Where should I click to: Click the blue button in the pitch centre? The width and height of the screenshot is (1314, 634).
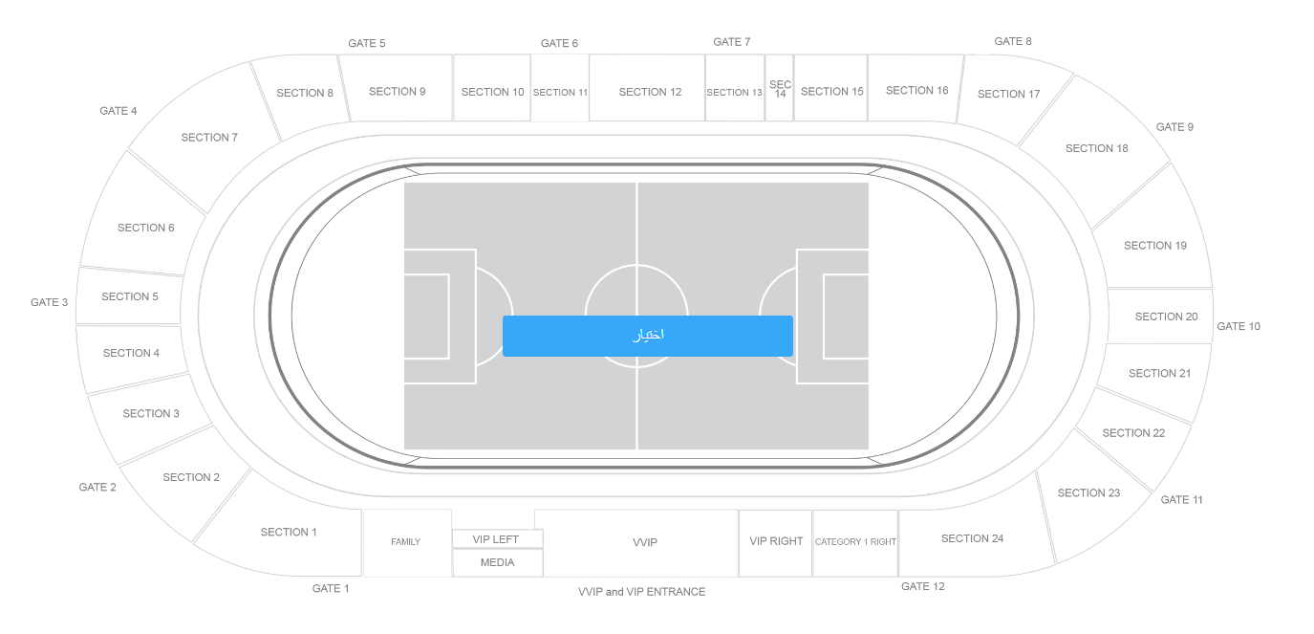648,336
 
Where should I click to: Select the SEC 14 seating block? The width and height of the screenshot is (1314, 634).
780,88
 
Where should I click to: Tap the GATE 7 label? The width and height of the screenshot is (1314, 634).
731,42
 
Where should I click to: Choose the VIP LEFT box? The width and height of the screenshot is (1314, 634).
498,539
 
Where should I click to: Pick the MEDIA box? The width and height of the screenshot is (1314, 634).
498,562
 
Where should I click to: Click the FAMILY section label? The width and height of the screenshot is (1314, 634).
406,542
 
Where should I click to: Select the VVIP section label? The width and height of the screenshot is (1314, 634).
645,542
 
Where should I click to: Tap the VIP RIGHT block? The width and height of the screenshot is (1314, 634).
775,543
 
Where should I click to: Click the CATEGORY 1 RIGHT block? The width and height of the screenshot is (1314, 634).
855,543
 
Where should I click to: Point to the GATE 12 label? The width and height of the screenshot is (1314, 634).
923,586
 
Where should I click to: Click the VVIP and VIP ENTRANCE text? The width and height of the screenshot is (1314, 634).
642,592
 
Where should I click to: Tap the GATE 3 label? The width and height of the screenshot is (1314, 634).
50,302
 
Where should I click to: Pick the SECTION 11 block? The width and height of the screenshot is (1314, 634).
560,88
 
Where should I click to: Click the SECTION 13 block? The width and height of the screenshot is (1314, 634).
735,88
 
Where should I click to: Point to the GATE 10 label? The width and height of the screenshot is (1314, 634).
1239,326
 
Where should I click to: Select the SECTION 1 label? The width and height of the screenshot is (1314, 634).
289,532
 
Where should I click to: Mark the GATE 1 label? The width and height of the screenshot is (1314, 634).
331,588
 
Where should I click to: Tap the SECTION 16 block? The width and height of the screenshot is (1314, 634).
915,88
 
